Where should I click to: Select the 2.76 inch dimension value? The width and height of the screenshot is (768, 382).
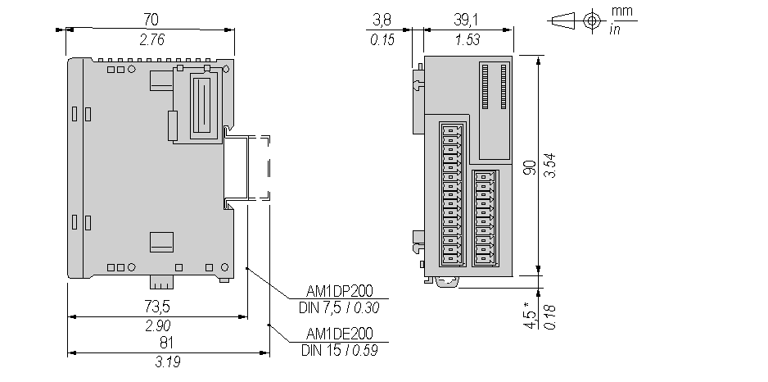coord(151,39)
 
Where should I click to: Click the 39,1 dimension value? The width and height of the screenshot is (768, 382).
coord(468,17)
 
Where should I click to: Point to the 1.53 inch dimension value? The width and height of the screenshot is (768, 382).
coord(468,39)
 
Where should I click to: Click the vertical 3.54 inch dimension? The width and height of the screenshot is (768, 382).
coord(552,167)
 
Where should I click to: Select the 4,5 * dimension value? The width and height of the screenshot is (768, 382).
coord(530,315)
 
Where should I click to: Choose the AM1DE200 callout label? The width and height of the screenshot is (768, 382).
coord(339,334)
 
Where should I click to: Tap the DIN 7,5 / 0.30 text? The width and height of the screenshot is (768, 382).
coord(340,308)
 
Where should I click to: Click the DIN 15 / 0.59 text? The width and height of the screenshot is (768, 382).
coord(338,352)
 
